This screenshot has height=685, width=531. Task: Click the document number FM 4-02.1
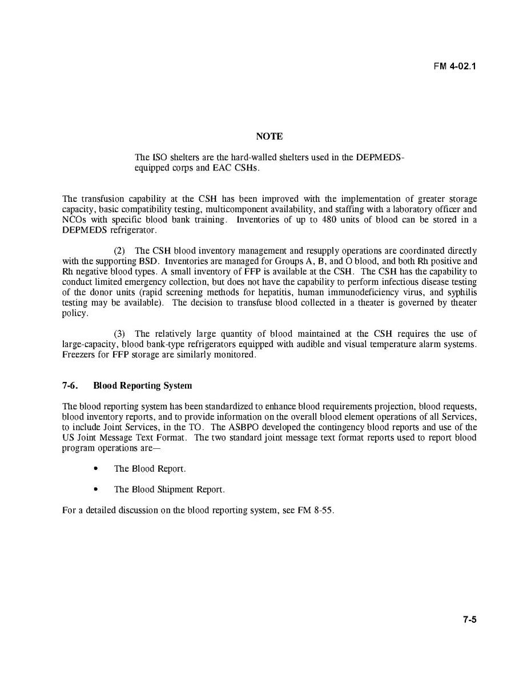[x=454, y=66]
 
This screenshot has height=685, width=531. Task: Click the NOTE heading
[x=269, y=136]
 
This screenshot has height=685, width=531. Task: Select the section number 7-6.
[x=70, y=385]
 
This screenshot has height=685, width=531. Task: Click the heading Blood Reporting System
[x=142, y=385]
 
